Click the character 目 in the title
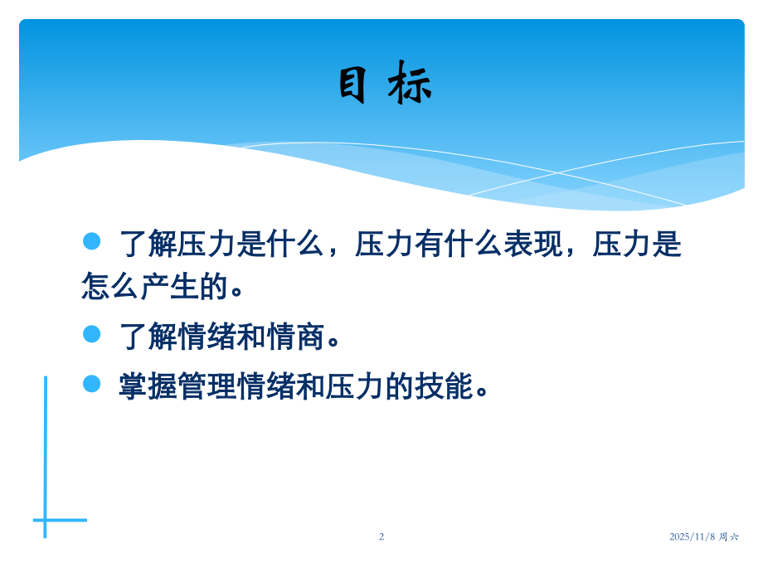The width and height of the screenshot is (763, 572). [x=352, y=84]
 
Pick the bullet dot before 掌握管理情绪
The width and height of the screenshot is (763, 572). [x=92, y=383]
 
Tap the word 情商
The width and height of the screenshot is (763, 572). [x=297, y=337]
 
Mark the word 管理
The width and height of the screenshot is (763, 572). [x=208, y=386]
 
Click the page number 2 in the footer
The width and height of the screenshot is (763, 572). [x=381, y=536]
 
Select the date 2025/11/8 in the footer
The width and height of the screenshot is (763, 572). [x=693, y=536]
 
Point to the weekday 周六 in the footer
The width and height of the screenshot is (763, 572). [x=729, y=536]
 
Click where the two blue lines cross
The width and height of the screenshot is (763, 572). [x=46, y=520]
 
